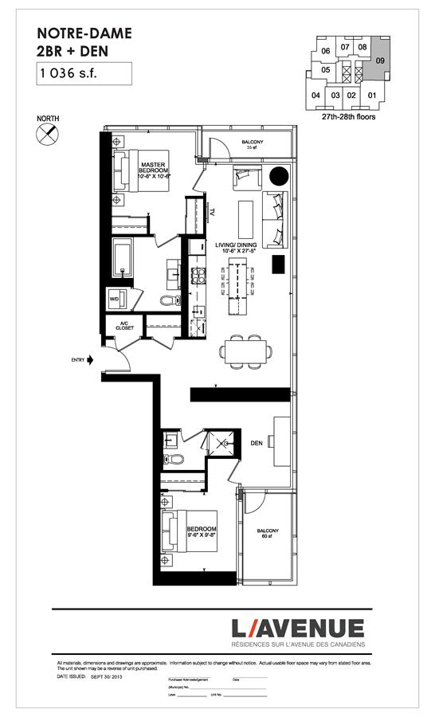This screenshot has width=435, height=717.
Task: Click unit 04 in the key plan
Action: point(316,96)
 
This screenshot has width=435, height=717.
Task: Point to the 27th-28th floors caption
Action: point(349,116)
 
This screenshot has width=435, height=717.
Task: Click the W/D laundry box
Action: point(114,300)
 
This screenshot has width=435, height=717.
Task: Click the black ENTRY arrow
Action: point(90,360)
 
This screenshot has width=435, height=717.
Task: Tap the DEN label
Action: point(257,443)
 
